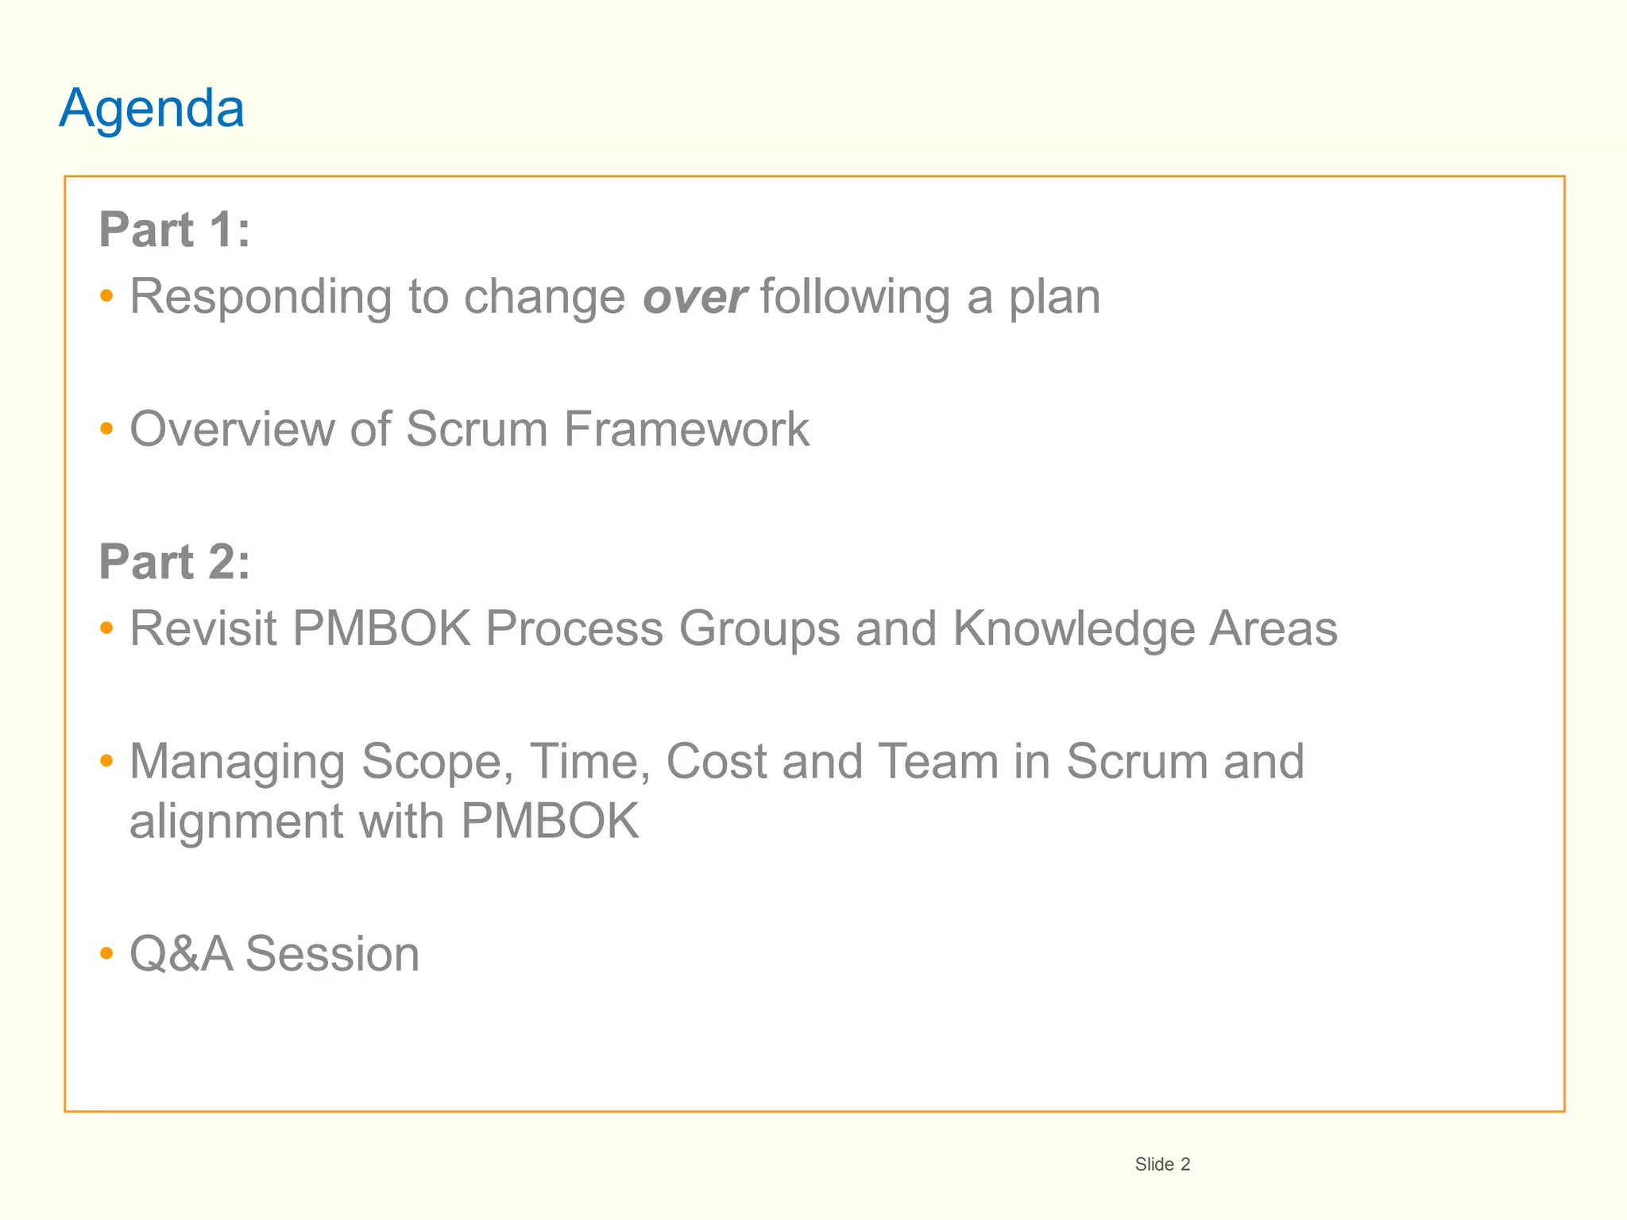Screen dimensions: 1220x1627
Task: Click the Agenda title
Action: (x=152, y=108)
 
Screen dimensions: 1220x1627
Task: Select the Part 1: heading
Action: (x=174, y=230)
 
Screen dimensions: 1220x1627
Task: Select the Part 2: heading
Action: (x=174, y=562)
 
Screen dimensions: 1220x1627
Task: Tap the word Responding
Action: (x=261, y=298)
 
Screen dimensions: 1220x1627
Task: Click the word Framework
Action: (x=686, y=430)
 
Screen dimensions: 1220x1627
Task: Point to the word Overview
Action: (x=232, y=430)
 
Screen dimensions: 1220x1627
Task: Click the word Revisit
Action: (x=203, y=629)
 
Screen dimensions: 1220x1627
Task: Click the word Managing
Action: (x=237, y=762)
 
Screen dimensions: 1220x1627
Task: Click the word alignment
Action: (x=236, y=821)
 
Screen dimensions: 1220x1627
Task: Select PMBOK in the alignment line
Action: (x=550, y=821)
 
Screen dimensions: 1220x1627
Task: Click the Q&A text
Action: (x=180, y=954)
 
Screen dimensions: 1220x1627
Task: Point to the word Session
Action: (x=332, y=954)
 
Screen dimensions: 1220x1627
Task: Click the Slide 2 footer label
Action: (x=1162, y=1164)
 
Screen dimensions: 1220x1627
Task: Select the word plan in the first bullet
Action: (x=1054, y=298)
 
